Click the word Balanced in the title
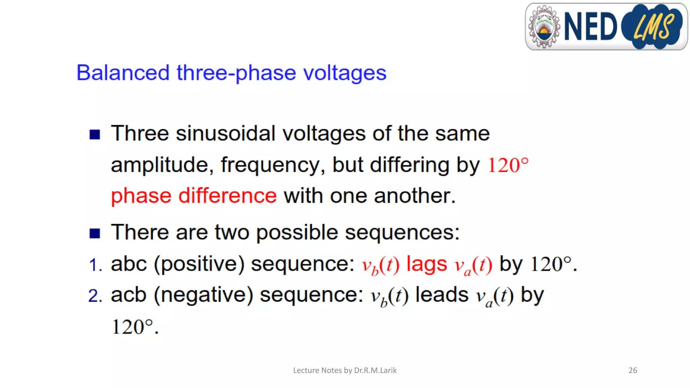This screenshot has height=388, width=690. [x=123, y=73]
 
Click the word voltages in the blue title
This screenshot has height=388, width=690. [x=345, y=73]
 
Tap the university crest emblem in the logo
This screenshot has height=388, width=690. [x=544, y=27]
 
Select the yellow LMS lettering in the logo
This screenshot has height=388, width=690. [x=653, y=27]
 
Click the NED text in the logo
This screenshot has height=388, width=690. [x=590, y=27]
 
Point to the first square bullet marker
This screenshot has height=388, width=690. [x=95, y=134]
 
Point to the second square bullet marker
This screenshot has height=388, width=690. [x=95, y=233]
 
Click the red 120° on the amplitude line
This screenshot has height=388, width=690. [x=508, y=165]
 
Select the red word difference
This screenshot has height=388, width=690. [x=227, y=196]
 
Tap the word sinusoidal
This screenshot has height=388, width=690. [x=225, y=133]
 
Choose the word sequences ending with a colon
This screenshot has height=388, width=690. [x=402, y=232]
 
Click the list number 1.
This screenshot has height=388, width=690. [x=95, y=265]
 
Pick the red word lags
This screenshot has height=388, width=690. [x=427, y=264]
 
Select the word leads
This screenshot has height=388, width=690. [x=442, y=295]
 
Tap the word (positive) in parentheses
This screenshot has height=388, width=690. [x=199, y=264]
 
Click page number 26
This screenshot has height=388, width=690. [x=633, y=370]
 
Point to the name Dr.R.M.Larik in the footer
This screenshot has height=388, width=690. [x=375, y=370]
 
